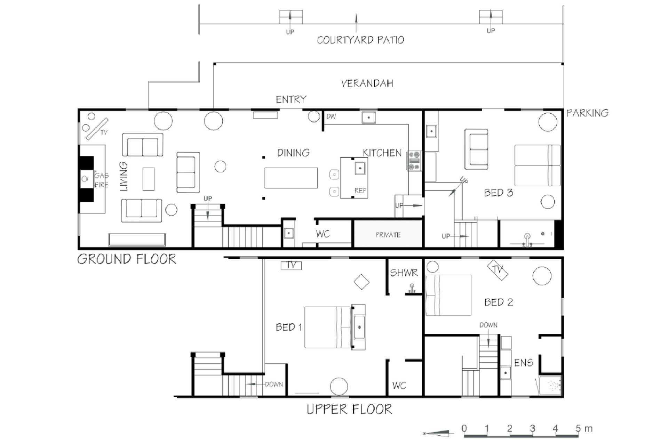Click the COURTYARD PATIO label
tap(360, 40)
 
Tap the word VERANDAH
tap(367, 83)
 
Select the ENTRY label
tap(291, 99)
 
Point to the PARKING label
tap(588, 113)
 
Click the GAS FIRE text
tap(101, 180)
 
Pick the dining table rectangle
tap(291, 178)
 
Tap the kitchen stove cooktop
tap(414, 161)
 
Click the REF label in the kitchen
tap(360, 191)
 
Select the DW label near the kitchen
tap(331, 116)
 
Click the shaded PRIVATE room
tap(388, 234)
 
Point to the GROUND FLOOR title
tap(127, 259)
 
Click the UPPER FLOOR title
tap(349, 409)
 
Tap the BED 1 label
tap(289, 327)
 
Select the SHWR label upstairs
tap(404, 273)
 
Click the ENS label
tap(524, 363)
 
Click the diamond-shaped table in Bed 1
tap(361, 282)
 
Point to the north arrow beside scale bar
tap(438, 433)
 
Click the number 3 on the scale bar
tap(532, 428)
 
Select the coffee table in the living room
tap(149, 179)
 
